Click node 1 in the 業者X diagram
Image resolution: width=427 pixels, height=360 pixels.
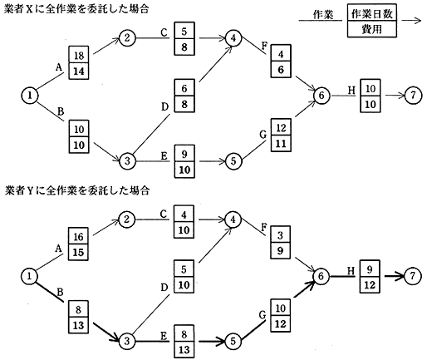point(30,96)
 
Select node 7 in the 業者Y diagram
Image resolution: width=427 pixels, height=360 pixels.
point(413,276)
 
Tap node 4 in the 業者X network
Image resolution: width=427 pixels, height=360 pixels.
point(233,38)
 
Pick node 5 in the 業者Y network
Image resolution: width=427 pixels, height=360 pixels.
point(233,341)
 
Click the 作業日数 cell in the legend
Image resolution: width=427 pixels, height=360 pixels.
point(372,12)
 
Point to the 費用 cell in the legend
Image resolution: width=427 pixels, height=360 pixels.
point(372,29)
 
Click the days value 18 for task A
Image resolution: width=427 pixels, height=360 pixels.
point(79,55)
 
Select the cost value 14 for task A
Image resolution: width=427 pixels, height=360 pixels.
point(79,71)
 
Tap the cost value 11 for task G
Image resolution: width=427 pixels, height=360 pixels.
point(281,143)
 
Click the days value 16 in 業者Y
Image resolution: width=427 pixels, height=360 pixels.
point(78,236)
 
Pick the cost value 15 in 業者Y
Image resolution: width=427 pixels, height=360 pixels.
point(78,253)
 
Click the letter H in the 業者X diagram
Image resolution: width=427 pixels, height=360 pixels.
point(351,91)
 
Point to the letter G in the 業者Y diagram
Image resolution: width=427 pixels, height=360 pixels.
point(263,315)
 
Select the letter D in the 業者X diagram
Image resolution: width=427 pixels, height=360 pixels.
point(164,106)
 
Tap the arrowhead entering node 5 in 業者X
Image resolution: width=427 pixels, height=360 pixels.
point(222,161)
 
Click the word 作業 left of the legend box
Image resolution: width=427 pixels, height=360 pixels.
point(323,14)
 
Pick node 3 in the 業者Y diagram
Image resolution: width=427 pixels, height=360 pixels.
point(127,341)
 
